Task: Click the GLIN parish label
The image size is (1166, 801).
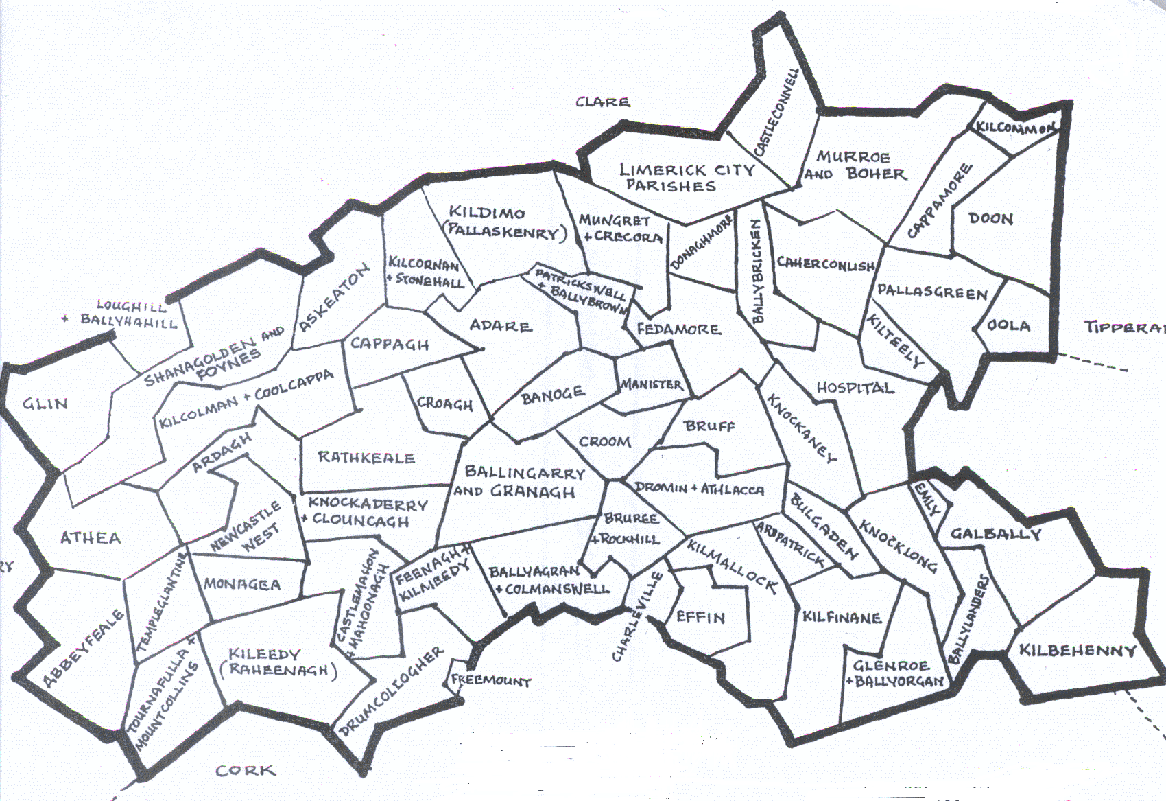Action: click(x=45, y=403)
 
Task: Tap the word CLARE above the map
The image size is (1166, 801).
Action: click(x=603, y=102)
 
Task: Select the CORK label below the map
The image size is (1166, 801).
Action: click(x=246, y=771)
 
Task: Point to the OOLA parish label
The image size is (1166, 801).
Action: click(x=1008, y=325)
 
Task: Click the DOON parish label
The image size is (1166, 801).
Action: click(x=990, y=219)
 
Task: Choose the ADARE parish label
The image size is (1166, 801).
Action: click(x=501, y=325)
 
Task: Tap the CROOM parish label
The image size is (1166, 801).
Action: click(x=604, y=441)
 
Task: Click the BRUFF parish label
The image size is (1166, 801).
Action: click(x=709, y=426)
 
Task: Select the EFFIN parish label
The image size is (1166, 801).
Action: click(x=700, y=617)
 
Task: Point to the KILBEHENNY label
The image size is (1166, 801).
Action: click(x=1077, y=650)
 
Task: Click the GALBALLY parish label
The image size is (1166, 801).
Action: click(x=995, y=533)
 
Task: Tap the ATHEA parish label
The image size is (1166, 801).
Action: click(x=91, y=537)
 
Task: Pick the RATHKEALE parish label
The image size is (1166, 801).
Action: click(x=366, y=457)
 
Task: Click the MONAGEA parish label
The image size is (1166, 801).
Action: click(x=242, y=584)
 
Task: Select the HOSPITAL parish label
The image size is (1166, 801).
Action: click(x=855, y=388)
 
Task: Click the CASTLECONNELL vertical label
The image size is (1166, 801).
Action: click(x=776, y=111)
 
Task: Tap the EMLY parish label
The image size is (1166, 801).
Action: click(x=928, y=499)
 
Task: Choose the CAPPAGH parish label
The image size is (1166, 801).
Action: click(x=390, y=343)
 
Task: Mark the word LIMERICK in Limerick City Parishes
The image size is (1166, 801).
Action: click(x=663, y=170)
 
